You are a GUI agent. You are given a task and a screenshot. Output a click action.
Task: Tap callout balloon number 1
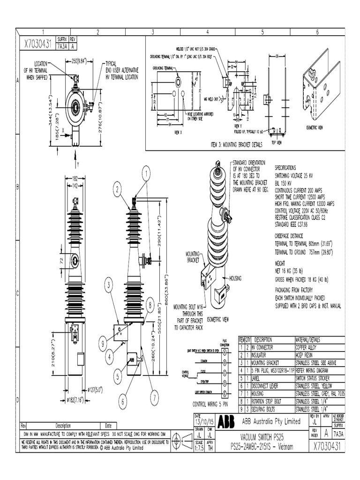tap(146, 174)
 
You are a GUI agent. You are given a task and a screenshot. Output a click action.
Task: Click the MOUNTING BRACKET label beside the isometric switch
tap(193, 256)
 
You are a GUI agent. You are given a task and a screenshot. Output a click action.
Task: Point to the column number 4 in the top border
tap(208, 32)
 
